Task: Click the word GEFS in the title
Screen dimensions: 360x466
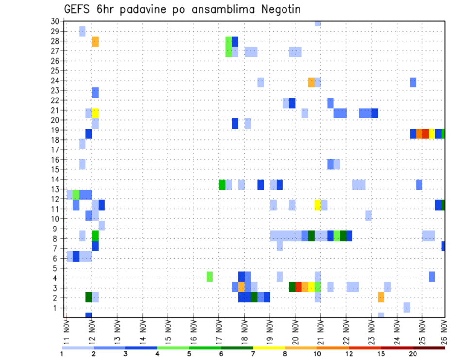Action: [79, 9]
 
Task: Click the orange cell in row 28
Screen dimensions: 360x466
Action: [95, 41]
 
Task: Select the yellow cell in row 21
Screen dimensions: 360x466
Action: [95, 113]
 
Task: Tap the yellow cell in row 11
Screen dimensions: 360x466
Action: [317, 205]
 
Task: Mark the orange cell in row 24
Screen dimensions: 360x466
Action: [311, 82]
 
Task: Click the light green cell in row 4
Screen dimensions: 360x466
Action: [210, 277]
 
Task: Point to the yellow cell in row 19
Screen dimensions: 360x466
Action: [432, 133]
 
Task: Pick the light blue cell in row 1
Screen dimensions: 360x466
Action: [407, 307]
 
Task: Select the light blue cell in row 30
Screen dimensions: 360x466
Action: [317, 23]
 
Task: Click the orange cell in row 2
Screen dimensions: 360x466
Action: [381, 296]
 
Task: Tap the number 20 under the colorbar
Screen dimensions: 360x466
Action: [413, 354]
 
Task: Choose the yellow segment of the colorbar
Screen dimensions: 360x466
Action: [269, 347]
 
